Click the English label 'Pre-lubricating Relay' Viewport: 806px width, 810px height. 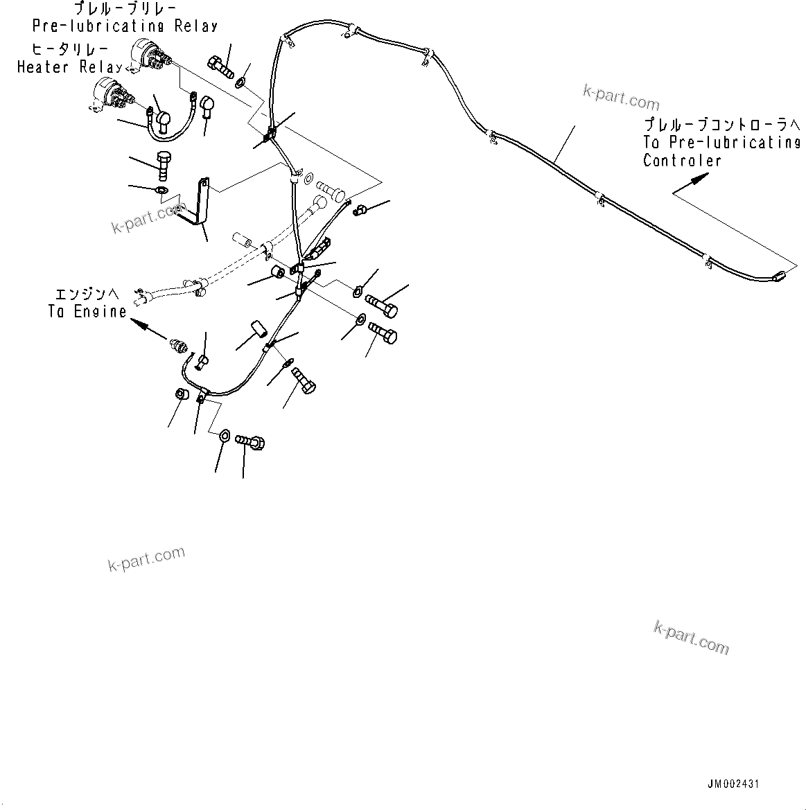coord(125,26)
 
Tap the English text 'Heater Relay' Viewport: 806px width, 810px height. coord(69,67)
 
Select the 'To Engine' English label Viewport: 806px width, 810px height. coord(87,312)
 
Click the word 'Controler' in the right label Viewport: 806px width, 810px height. coord(682,161)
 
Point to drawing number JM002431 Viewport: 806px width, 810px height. coord(733,784)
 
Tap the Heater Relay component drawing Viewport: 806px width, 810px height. coord(111,95)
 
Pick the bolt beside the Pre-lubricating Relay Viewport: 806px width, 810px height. coord(220,64)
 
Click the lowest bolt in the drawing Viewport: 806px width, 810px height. coord(252,441)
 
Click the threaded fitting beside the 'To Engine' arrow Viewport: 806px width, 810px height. coord(179,344)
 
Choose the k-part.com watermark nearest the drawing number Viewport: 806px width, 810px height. coord(691,637)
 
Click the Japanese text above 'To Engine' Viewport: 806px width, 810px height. coord(82,294)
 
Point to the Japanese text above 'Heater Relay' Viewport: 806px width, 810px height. coord(69,50)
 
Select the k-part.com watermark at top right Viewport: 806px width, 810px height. coord(621,98)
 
